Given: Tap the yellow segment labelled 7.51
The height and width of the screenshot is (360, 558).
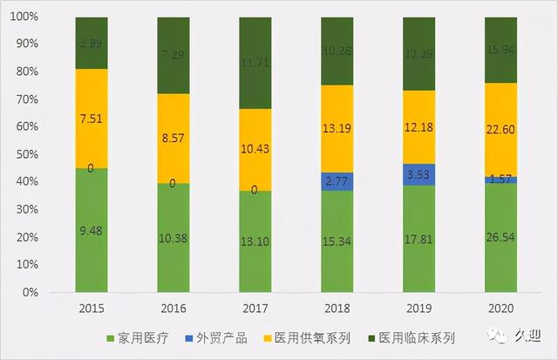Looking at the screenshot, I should point(91,119).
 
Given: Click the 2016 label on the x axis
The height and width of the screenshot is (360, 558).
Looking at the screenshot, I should point(174,309).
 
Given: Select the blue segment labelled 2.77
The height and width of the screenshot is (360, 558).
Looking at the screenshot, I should point(337,181).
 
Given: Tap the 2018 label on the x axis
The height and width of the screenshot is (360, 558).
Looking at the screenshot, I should point(337,309).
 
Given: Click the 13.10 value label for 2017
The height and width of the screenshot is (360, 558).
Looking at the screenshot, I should point(255,243).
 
